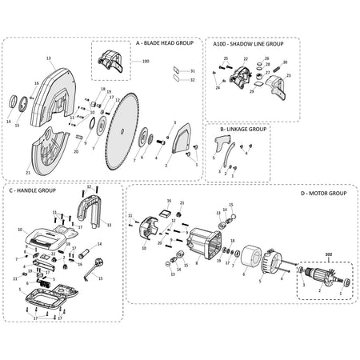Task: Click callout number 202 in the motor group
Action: pyautogui.click(x=327, y=255)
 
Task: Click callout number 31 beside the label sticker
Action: pyautogui.click(x=190, y=71)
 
